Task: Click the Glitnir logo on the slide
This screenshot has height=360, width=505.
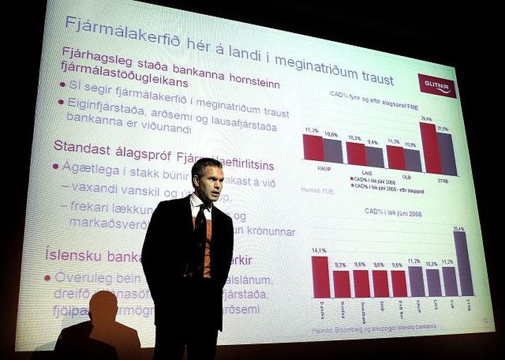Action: (437, 85)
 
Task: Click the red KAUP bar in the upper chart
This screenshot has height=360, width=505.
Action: (312, 148)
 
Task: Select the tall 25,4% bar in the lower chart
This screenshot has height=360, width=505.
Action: (463, 263)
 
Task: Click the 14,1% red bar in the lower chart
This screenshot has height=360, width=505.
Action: (320, 276)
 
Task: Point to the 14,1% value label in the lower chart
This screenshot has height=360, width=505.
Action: (319, 250)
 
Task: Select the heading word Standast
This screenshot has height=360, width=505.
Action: (79, 147)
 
